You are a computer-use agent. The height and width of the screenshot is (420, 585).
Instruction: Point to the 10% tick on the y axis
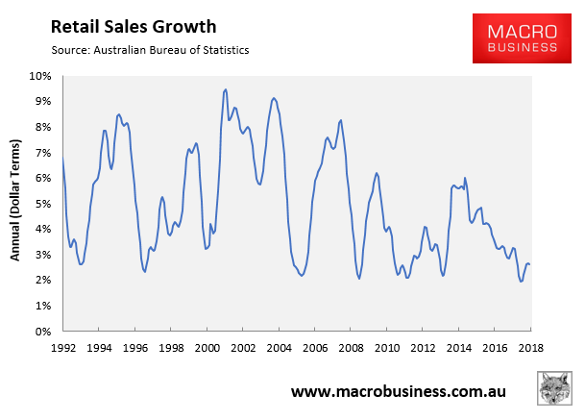pos(40,76)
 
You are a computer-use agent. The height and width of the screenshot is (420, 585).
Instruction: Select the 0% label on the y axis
pos(43,332)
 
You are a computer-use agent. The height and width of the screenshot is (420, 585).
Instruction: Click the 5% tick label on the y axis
pos(43,204)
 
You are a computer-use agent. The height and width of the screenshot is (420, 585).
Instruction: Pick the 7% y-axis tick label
pos(43,153)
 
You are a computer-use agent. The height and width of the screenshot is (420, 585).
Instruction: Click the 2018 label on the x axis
pos(531,348)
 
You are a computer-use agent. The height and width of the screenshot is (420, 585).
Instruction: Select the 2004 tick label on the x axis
pos(279,348)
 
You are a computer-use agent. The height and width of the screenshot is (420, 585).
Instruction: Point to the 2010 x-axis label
pos(387,348)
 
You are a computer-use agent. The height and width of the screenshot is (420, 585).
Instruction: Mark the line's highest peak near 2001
pos(225,89)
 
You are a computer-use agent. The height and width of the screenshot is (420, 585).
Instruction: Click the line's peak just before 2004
pos(274,98)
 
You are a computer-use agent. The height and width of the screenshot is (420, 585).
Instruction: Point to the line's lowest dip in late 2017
pos(521,281)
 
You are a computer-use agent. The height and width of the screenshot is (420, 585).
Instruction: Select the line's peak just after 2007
pos(341,120)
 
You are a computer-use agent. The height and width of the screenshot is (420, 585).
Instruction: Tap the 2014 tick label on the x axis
pos(459,348)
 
